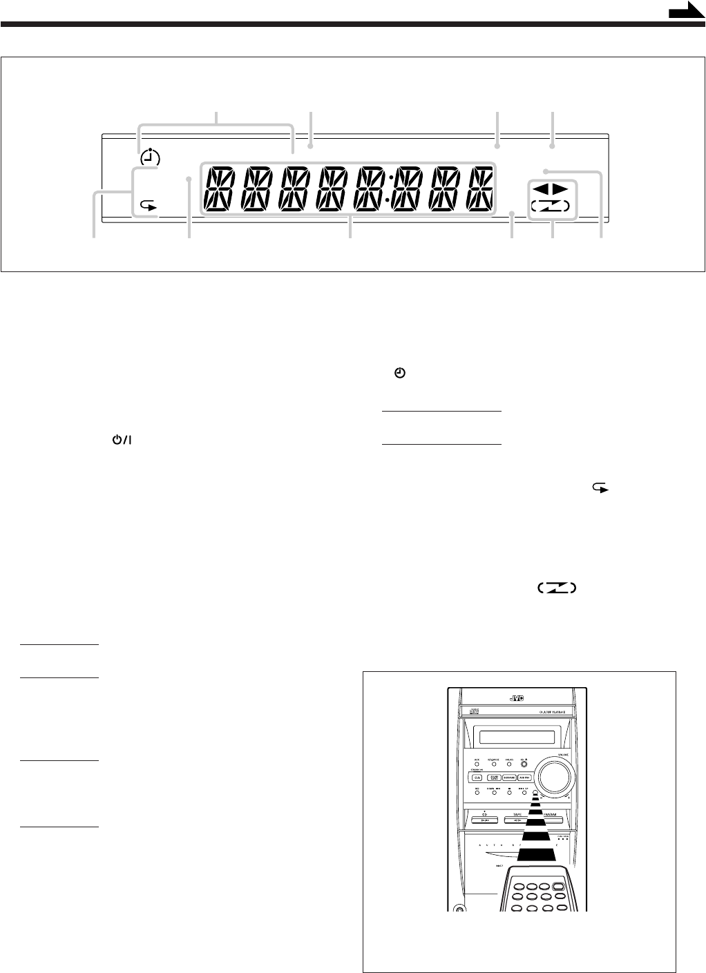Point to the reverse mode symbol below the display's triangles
pyautogui.click(x=551, y=206)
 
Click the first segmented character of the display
pyautogui.click(x=219, y=189)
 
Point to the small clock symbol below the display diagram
pyautogui.click(x=399, y=373)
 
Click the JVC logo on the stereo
pyautogui.click(x=516, y=698)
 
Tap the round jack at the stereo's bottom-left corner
pyautogui.click(x=459, y=909)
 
